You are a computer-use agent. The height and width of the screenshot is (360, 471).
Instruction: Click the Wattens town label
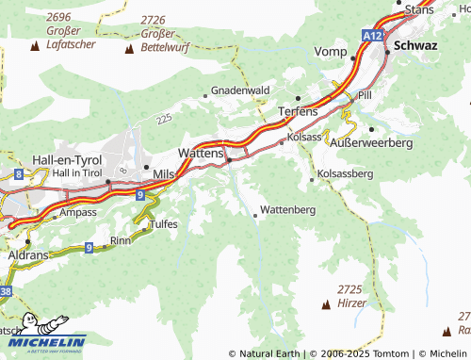pos(201,151)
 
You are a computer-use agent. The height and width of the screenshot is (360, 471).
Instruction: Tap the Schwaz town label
pos(416,44)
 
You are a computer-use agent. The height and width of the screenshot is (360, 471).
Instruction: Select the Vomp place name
pos(330,51)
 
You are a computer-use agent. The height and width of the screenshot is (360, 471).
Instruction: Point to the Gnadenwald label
pos(241,90)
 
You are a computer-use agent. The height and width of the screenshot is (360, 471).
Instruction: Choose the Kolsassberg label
pos(346,173)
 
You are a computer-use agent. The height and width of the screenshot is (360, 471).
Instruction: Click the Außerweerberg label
pos(373,141)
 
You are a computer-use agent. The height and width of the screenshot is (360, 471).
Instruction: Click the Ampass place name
pos(78,213)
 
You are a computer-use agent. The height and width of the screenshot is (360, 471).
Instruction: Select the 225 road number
pos(166,119)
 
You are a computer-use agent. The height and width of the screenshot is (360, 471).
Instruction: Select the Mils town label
pos(163,174)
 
